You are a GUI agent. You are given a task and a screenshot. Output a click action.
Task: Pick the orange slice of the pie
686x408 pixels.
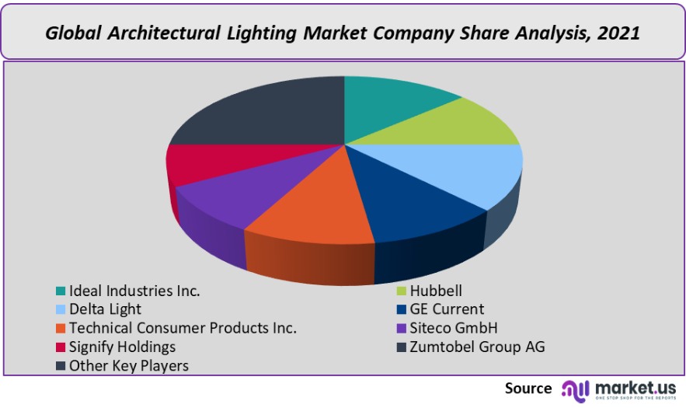[311, 202]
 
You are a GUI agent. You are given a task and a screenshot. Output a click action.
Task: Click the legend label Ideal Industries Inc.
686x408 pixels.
[134, 291]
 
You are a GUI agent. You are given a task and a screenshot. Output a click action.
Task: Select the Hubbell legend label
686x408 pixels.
[436, 291]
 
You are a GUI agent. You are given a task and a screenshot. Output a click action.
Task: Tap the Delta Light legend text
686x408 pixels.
[105, 309]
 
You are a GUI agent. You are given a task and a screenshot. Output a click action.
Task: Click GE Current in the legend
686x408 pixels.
[447, 309]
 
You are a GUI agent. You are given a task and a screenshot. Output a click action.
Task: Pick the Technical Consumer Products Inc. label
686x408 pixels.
[183, 328]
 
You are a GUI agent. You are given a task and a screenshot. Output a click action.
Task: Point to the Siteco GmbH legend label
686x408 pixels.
[454, 328]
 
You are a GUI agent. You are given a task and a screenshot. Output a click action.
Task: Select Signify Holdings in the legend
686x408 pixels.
[122, 347]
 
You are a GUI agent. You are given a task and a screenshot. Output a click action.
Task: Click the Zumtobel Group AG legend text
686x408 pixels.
[477, 347]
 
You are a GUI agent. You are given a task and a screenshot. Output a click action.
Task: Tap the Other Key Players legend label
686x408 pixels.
[129, 365]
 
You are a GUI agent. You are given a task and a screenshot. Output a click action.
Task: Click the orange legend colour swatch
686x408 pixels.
[60, 328]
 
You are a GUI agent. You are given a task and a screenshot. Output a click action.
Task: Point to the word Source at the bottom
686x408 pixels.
[528, 389]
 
